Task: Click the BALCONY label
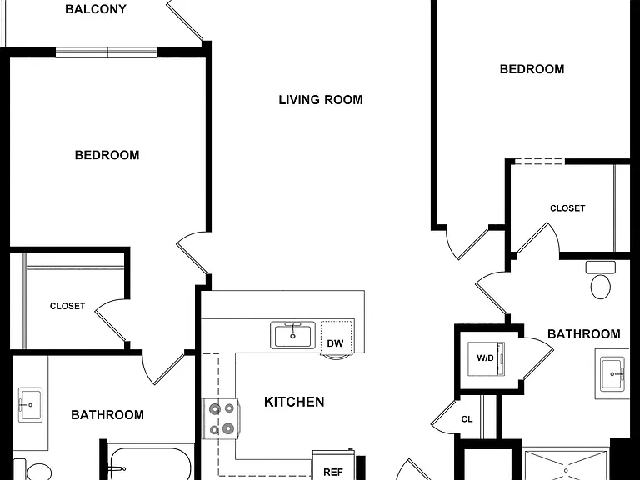(x=96, y=9)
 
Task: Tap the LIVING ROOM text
(x=320, y=100)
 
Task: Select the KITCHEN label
(x=294, y=402)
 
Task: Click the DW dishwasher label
(x=335, y=343)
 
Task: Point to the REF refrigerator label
(x=333, y=472)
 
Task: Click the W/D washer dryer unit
(x=486, y=359)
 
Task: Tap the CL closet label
(x=467, y=419)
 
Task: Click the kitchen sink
(x=292, y=335)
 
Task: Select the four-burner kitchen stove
(x=221, y=419)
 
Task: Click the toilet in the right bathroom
(x=600, y=280)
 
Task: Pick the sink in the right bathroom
(x=612, y=374)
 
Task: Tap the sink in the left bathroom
(x=31, y=405)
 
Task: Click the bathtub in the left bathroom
(x=149, y=464)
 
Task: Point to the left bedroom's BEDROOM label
(x=107, y=155)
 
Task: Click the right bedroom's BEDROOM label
(x=532, y=69)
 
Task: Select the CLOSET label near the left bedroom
(x=67, y=306)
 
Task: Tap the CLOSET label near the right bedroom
(x=567, y=208)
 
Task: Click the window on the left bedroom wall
(x=107, y=52)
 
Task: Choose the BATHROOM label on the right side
(x=583, y=334)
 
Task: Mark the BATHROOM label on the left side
(x=107, y=415)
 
